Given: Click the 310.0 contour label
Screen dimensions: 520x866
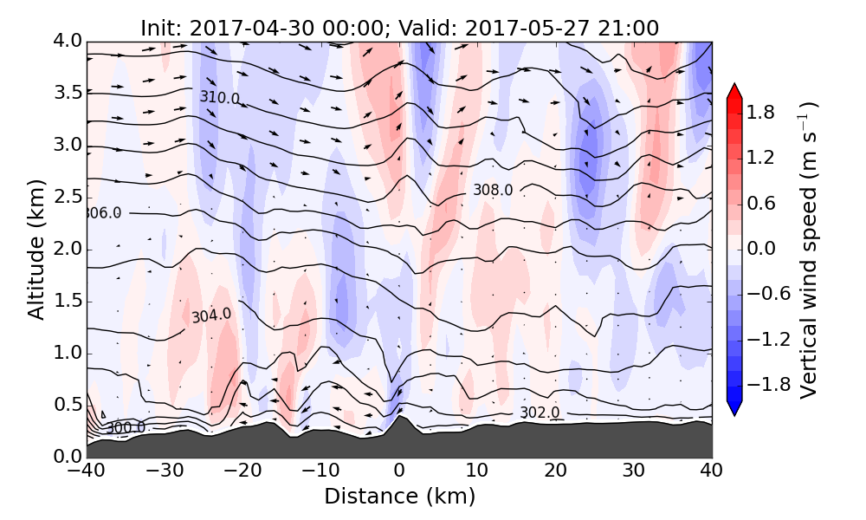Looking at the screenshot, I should point(220,98).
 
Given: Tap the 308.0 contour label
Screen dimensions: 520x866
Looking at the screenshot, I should point(493,190).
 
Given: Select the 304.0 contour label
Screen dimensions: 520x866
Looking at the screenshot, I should point(211,315).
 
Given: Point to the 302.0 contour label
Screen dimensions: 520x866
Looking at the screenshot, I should point(540,413).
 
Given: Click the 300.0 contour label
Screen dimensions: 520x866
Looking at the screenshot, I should point(126,427).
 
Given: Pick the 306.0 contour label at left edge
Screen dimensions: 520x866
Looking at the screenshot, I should point(103,213).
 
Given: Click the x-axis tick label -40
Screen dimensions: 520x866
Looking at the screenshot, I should point(87,471).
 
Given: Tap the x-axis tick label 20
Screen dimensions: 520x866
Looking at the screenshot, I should point(555,471).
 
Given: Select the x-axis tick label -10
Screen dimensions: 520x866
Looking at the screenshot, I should point(320,471).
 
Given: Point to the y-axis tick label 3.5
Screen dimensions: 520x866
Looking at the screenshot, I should point(67,93).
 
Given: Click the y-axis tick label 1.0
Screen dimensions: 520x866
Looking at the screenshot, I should point(67,354).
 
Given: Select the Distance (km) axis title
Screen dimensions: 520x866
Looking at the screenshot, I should point(399,497).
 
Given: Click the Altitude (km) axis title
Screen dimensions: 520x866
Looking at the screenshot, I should point(36,249).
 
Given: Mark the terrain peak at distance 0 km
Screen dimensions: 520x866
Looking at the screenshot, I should point(399,419).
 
